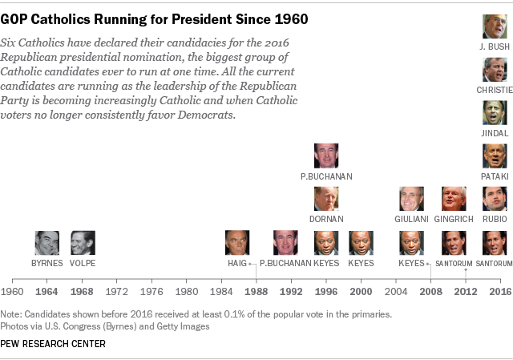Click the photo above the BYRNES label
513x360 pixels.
tap(46, 243)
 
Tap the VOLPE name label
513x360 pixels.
tap(83, 262)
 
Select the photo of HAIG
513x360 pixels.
tap(237, 243)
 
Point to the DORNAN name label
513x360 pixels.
tap(325, 218)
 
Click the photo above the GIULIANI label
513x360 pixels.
tap(412, 199)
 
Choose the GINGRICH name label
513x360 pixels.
tap(454, 218)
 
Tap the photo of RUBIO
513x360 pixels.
tap(494, 199)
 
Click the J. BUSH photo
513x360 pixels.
tap(494, 26)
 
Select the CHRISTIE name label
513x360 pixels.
tap(494, 89)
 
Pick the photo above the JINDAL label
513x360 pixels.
tap(494, 112)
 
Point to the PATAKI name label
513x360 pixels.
tap(494, 176)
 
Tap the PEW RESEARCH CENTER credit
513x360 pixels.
tap(54, 343)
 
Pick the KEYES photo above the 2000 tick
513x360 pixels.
tap(361, 243)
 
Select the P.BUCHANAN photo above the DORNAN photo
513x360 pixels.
tap(325, 156)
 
